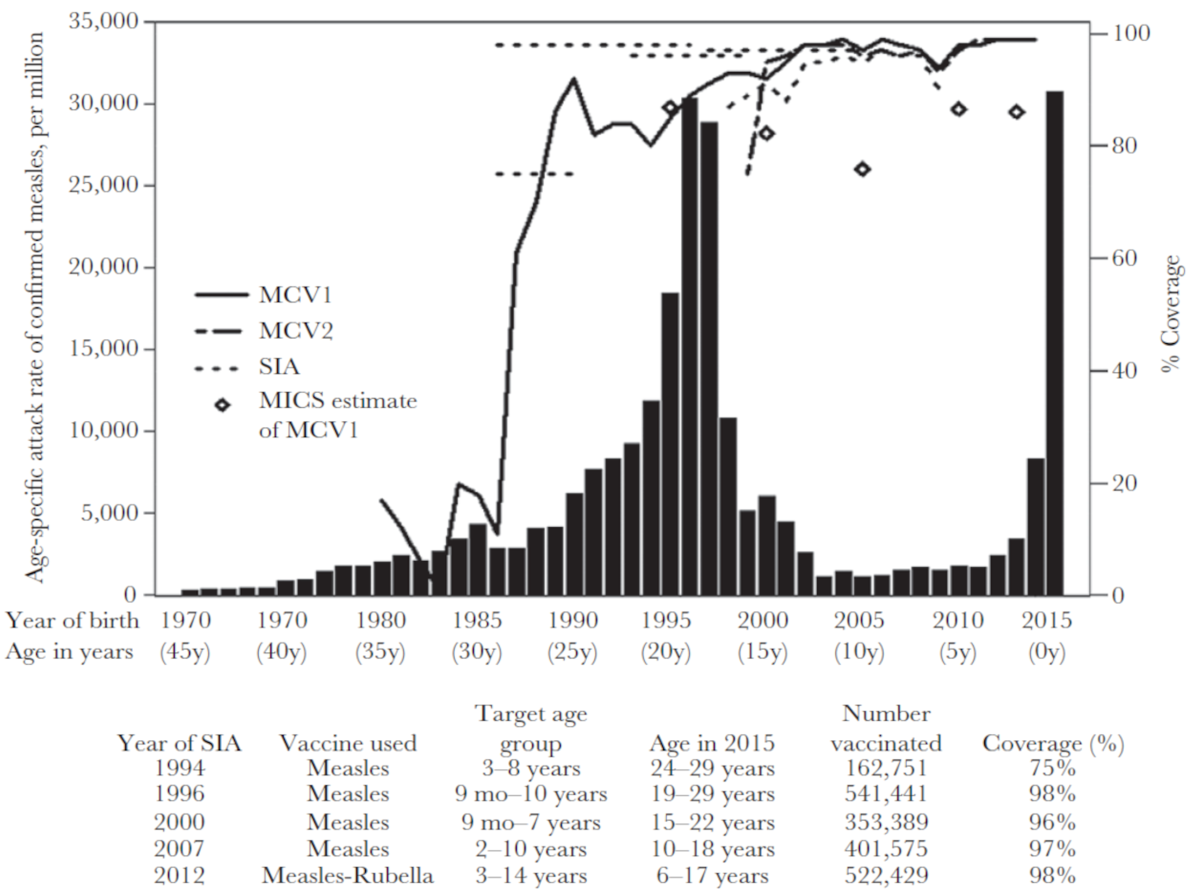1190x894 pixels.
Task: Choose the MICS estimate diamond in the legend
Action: point(222,405)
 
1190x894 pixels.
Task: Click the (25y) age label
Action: point(572,652)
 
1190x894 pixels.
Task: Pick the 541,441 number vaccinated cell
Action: point(886,794)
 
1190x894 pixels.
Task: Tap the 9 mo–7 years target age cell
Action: point(531,823)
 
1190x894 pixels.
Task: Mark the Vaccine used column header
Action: point(348,743)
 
